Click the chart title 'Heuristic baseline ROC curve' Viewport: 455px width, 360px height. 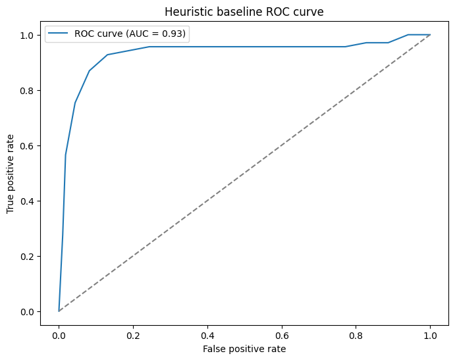coord(244,11)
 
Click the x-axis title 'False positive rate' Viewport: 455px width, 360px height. coord(244,349)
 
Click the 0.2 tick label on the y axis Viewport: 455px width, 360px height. coord(28,256)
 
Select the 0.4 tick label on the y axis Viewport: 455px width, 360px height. coord(28,201)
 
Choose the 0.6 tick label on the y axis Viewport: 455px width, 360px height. coord(28,145)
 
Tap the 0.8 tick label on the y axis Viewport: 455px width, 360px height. coord(28,90)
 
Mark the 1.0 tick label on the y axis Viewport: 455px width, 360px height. coord(28,35)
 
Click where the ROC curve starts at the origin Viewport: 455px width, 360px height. coord(59,311)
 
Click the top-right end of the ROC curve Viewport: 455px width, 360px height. coord(430,35)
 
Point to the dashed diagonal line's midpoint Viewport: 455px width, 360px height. coord(244,172)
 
